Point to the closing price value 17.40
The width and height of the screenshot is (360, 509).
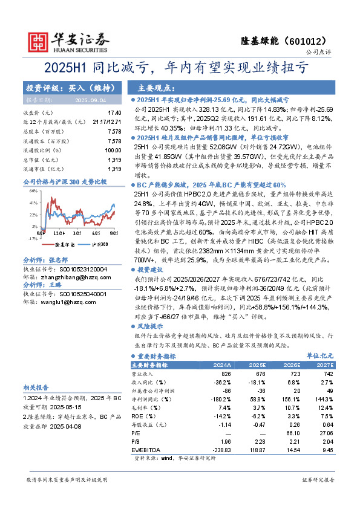(x=114, y=113)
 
